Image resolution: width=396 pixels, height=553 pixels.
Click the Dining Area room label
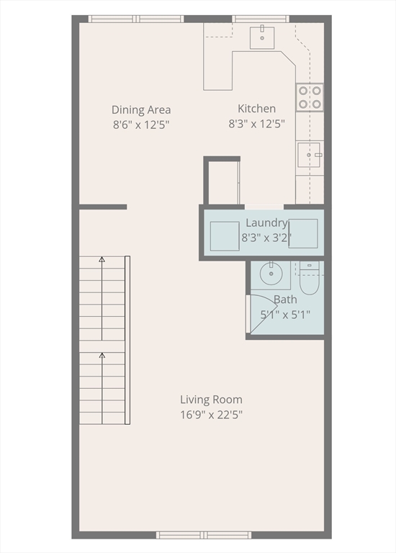coord(141,109)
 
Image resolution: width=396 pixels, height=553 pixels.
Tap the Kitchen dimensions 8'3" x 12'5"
coord(257,124)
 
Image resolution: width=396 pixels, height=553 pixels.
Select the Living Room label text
coord(211,400)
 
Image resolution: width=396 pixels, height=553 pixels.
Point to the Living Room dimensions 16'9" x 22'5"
coord(212,415)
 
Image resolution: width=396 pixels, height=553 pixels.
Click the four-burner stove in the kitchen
coord(310,97)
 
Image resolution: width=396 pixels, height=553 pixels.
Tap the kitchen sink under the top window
coord(262,37)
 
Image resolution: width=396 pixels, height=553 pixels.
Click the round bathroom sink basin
coord(271,274)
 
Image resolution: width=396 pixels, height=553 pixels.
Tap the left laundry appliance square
coord(225,236)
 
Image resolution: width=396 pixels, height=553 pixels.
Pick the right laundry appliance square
coord(303,233)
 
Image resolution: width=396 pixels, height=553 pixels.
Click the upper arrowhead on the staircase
coord(102,259)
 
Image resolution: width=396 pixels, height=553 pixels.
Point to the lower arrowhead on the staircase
coord(102,355)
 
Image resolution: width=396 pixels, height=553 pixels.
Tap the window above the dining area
coord(136,19)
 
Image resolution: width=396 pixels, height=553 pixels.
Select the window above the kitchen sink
coord(261,19)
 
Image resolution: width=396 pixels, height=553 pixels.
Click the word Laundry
coord(266,223)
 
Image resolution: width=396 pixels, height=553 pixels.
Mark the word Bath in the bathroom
coord(285,300)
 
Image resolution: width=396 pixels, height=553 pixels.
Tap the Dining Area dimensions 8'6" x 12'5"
coord(141,125)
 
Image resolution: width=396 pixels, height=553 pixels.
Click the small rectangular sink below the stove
coord(309,155)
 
